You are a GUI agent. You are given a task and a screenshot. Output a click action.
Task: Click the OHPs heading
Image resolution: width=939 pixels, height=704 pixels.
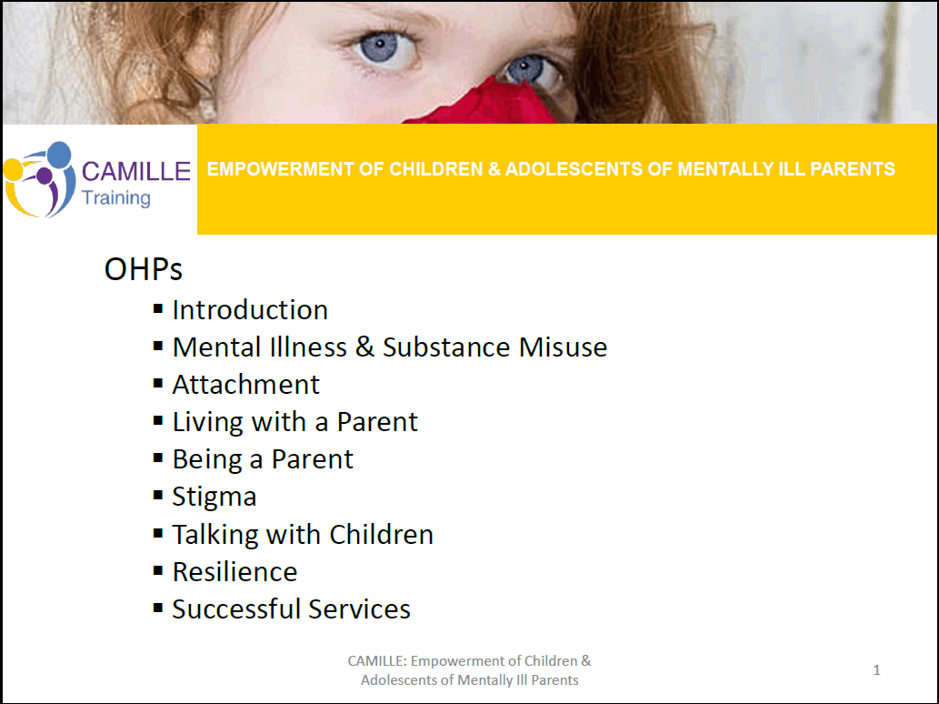pos(143,269)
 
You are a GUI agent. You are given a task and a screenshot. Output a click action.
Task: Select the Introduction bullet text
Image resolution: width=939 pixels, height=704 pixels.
pos(250,310)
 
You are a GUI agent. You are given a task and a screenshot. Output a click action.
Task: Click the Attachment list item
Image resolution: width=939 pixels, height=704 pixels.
pos(246,385)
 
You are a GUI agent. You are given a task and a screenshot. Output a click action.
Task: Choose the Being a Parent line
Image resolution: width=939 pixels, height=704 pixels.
pos(263,460)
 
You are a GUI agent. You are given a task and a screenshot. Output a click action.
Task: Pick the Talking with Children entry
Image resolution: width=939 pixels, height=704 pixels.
pos(303,535)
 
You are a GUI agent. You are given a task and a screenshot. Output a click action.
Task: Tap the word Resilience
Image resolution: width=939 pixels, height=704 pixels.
pos(235,571)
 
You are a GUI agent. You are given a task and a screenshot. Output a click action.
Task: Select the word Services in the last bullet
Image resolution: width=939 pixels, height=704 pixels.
pos(359,609)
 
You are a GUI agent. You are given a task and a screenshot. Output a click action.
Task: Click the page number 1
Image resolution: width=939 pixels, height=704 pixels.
pos(876,669)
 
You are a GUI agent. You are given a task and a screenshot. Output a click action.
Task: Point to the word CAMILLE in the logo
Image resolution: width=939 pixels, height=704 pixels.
pos(136,171)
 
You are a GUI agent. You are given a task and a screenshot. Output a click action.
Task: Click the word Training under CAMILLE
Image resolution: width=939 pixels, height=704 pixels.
pos(116,197)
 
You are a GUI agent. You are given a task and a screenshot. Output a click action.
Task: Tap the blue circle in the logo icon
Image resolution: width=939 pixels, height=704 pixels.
pos(59,155)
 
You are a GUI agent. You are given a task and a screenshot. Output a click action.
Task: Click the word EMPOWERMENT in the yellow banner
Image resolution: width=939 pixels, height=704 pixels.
pos(280,169)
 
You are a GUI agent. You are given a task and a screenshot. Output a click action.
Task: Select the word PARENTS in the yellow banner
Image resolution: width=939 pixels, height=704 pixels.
pos(852,169)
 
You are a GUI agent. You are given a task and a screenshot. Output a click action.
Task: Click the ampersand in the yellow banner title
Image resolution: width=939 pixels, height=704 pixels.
pos(494,169)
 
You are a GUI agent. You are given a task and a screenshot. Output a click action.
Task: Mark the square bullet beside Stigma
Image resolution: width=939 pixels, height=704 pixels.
pos(158,495)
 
